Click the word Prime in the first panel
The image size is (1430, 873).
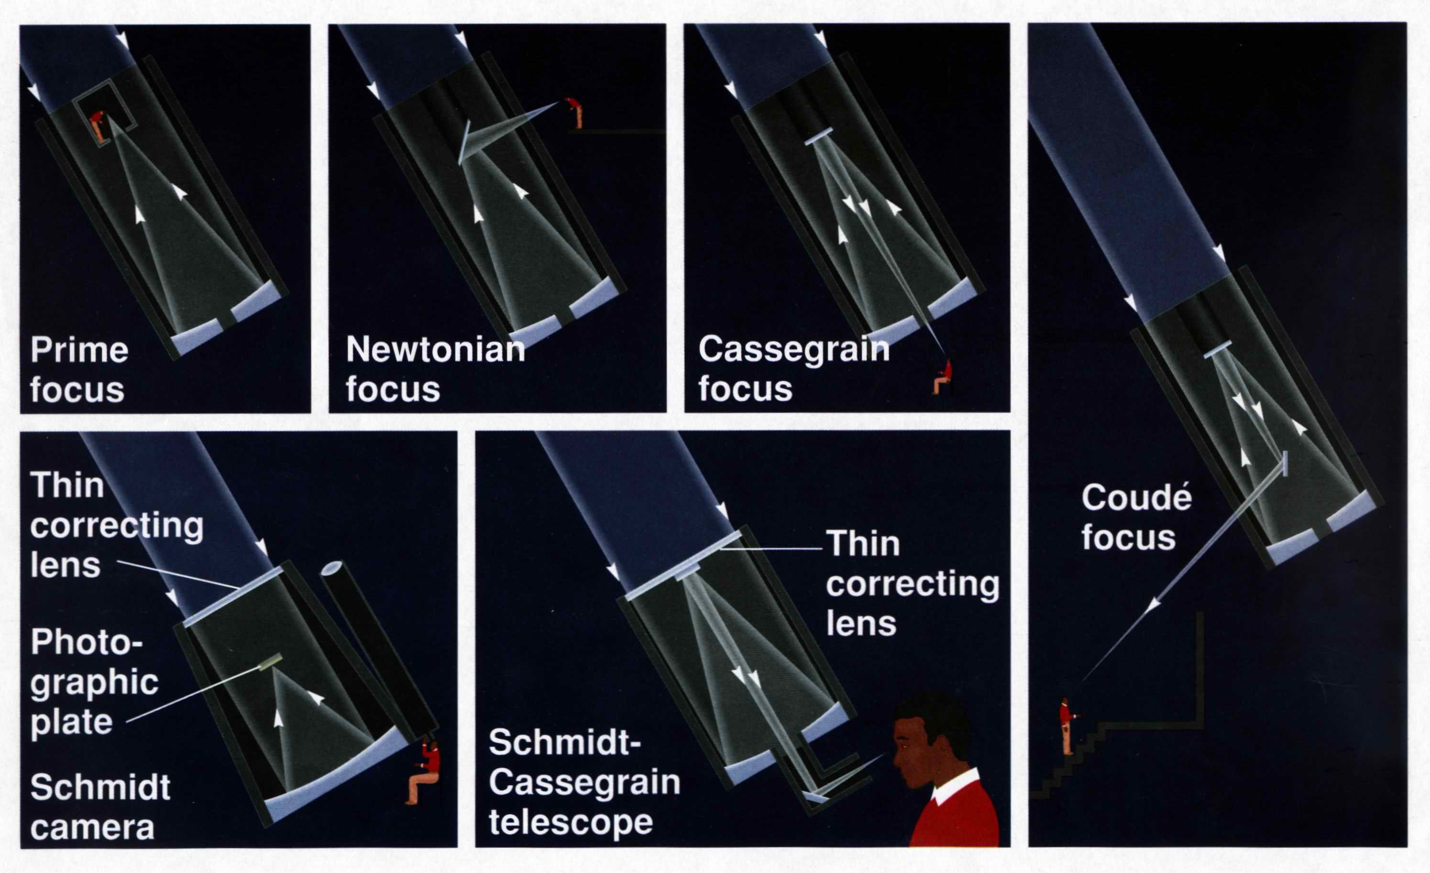point(79,350)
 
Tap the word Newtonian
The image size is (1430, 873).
point(435,350)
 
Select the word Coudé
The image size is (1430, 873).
point(1136,498)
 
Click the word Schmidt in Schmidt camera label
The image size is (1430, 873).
point(100,788)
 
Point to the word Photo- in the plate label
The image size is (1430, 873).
point(86,642)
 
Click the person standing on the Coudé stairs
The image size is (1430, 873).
point(1067,726)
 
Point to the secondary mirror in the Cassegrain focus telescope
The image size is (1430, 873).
point(818,136)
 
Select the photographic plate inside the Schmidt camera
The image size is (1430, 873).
point(270,663)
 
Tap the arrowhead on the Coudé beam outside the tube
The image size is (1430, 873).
point(1154,605)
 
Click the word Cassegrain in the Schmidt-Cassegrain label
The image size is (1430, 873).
point(584,782)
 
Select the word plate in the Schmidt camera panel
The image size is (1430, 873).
point(71,721)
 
